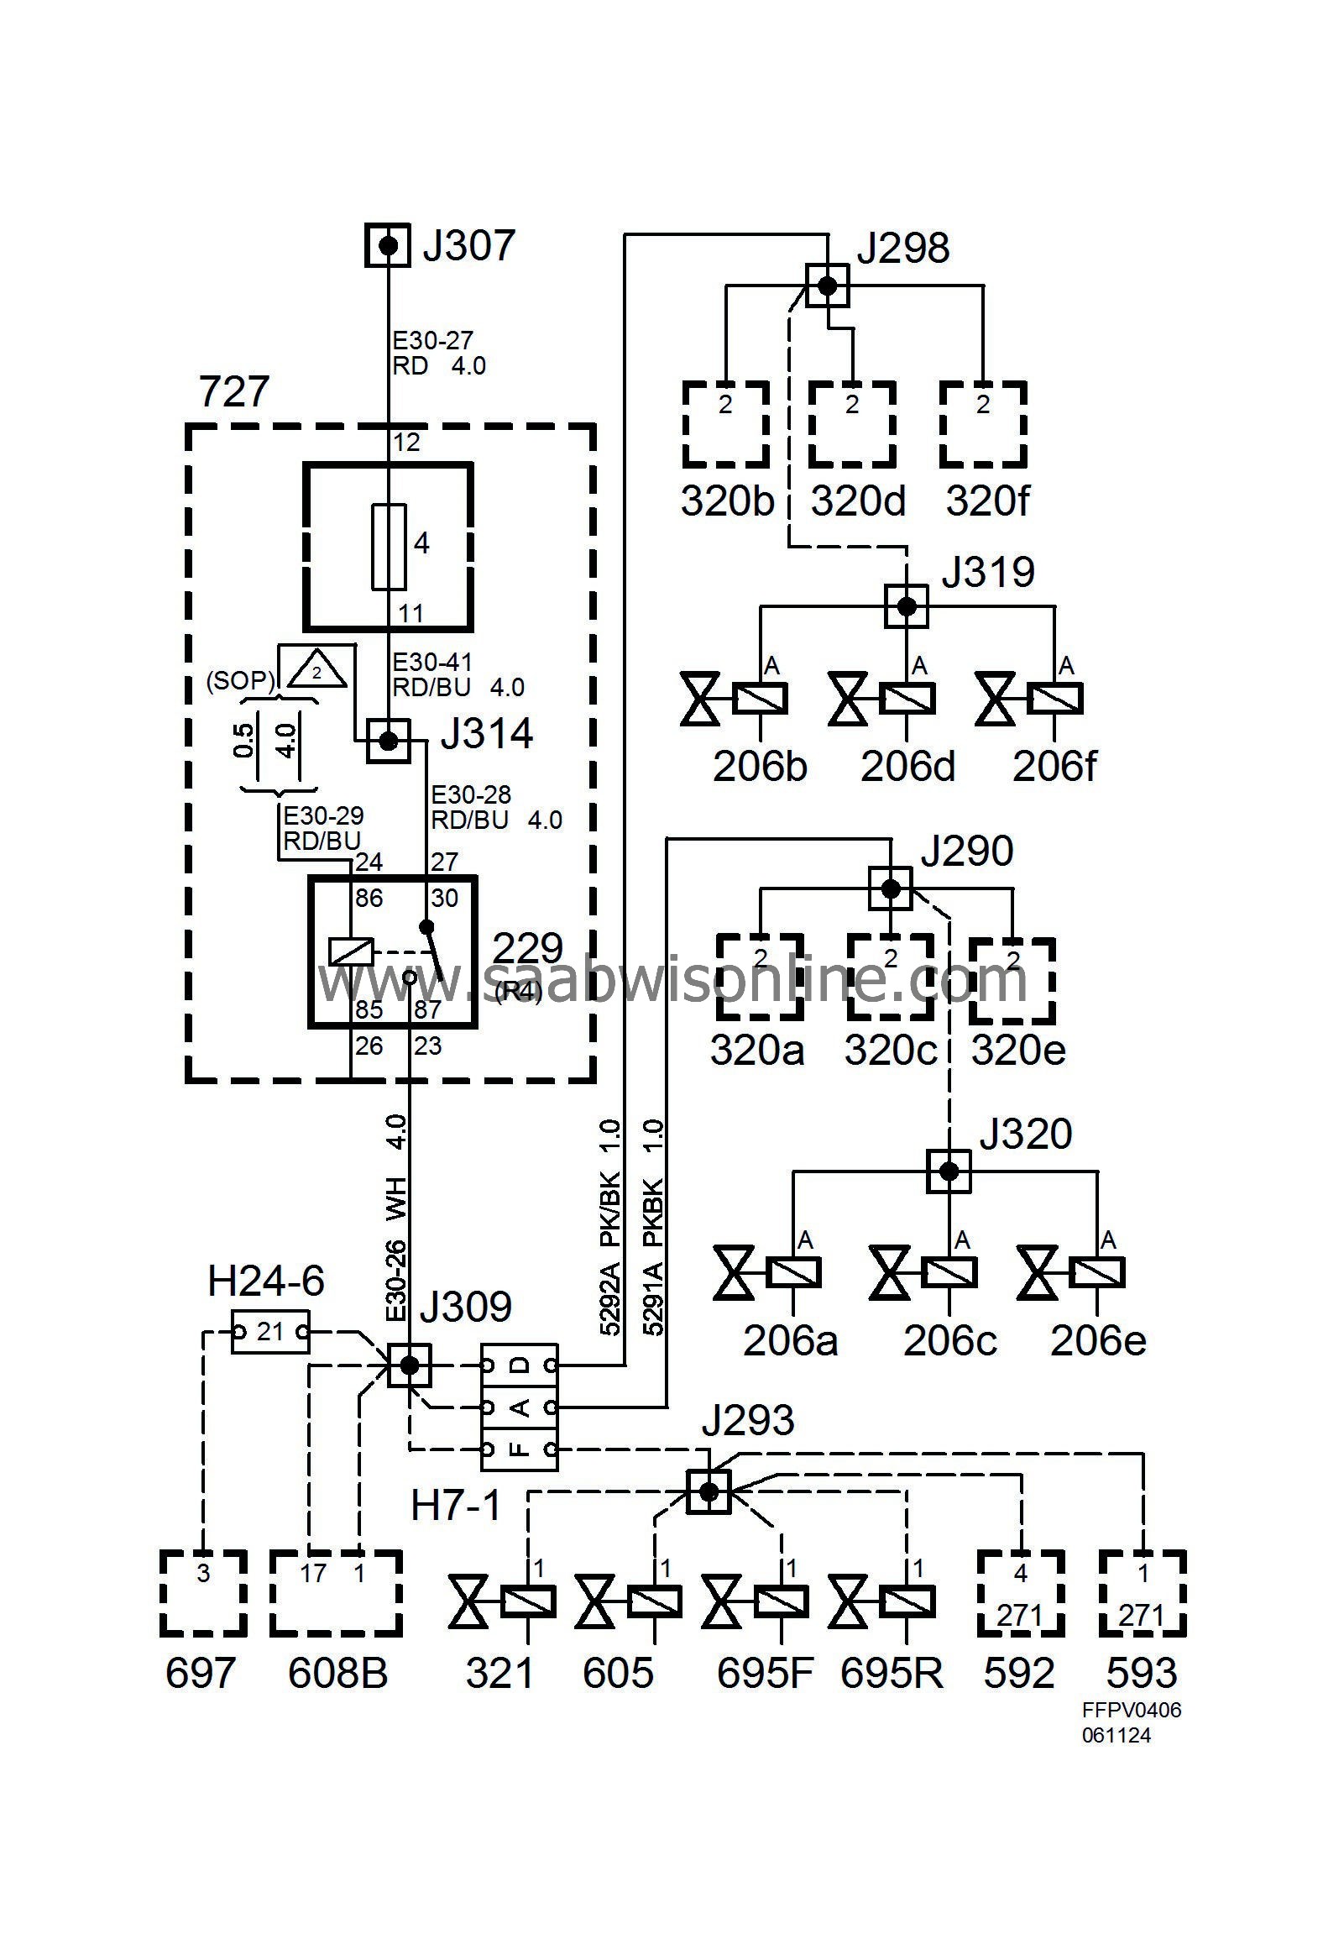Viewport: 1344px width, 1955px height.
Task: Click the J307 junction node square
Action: click(388, 245)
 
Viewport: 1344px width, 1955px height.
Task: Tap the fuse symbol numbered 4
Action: click(388, 547)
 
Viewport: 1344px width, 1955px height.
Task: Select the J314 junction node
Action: click(388, 742)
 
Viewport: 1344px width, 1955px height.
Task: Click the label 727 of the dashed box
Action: click(234, 392)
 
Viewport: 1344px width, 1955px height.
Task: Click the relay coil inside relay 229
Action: click(350, 951)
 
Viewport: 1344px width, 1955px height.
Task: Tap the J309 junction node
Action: click(410, 1365)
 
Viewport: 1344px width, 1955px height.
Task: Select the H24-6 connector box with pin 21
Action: click(270, 1332)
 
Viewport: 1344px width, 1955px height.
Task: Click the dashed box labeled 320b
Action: click(725, 425)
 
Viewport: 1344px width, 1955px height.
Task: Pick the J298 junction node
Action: click(828, 286)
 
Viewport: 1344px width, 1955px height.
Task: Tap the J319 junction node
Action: click(906, 605)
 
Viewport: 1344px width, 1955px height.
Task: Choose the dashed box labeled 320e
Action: click(1012, 979)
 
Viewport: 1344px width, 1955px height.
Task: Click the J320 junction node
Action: click(949, 1171)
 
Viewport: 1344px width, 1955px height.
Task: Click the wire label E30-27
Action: click(433, 341)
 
